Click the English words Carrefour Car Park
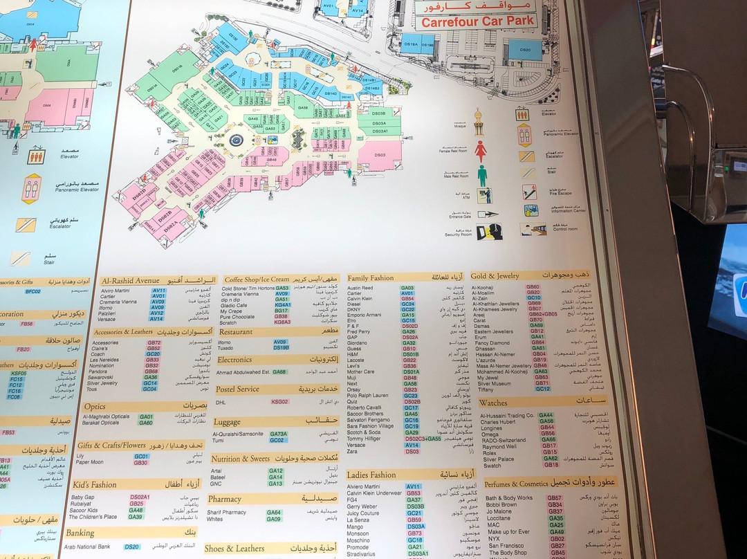tap(478, 21)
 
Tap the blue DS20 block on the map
tap(524, 49)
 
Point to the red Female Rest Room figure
tap(481, 151)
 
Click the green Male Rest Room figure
tap(482, 175)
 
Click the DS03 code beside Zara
tap(412, 451)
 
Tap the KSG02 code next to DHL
tap(279, 401)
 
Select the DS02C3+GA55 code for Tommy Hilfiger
tap(423, 439)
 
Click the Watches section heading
tap(493, 402)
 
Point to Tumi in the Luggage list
tap(218, 440)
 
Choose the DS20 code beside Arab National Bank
tap(132, 547)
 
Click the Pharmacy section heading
tap(225, 499)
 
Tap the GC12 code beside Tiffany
tap(543, 389)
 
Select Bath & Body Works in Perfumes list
tap(508, 497)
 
